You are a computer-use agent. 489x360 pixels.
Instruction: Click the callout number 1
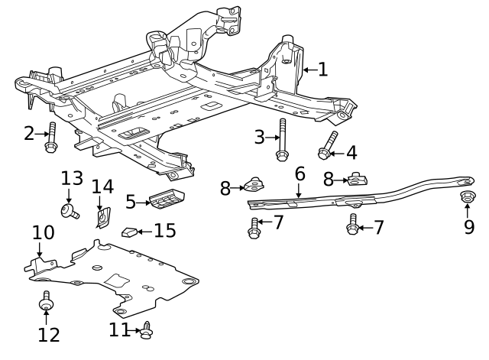[323, 70]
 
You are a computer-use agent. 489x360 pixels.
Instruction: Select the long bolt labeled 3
[282, 141]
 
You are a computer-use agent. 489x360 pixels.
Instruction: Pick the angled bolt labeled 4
[328, 146]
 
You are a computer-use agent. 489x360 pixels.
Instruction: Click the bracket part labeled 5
[166, 198]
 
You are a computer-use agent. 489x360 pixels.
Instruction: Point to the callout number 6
[300, 174]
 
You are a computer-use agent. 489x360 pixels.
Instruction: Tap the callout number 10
[43, 232]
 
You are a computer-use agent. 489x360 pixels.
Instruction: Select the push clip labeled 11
[147, 330]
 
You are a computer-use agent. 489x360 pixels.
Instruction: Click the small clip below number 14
[101, 219]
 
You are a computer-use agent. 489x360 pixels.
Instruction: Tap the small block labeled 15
[131, 231]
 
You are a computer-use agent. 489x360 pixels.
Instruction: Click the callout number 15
[165, 229]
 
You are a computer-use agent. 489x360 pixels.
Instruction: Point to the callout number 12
[48, 334]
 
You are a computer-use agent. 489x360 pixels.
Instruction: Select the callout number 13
[72, 178]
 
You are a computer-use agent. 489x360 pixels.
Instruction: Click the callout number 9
[468, 227]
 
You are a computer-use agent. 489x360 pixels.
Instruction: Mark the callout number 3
[259, 138]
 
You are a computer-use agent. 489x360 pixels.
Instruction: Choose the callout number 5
[131, 202]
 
